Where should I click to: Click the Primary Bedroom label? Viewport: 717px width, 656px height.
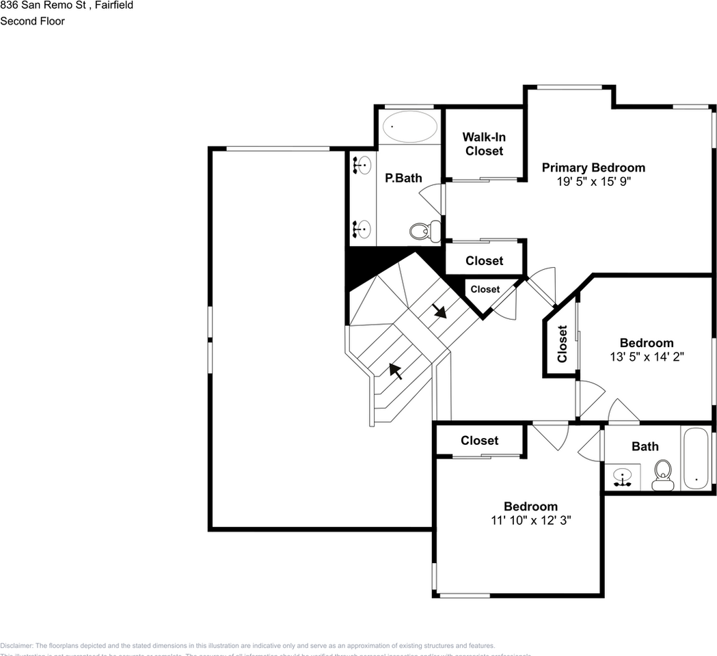click(593, 167)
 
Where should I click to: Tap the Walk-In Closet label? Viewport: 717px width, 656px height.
click(484, 144)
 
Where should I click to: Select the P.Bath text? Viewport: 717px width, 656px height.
click(403, 178)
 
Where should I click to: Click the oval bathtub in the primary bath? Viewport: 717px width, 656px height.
click(409, 126)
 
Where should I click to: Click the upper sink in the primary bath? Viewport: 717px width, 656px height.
click(363, 165)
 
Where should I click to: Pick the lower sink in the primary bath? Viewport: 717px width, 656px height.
click(363, 228)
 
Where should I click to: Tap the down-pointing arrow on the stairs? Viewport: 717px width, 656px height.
click(439, 312)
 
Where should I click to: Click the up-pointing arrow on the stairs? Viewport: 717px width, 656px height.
click(395, 371)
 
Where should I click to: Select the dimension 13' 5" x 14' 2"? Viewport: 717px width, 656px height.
click(647, 357)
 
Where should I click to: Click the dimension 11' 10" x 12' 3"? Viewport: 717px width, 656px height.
click(530, 520)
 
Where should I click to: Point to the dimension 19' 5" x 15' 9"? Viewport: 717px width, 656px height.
click(593, 182)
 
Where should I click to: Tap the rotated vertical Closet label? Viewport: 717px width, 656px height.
click(562, 344)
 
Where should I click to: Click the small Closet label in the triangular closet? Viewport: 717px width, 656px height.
click(485, 290)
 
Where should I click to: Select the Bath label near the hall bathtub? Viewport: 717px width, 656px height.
click(645, 446)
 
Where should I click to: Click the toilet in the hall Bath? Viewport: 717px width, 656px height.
click(663, 474)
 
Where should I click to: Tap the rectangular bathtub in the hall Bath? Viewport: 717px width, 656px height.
click(697, 458)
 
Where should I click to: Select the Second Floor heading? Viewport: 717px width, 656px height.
click(33, 21)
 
